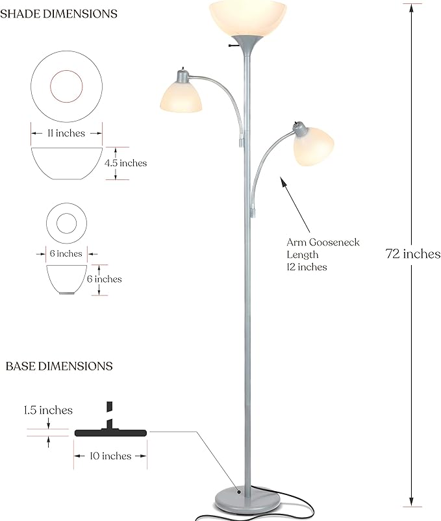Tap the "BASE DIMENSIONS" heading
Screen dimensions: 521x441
click(x=59, y=366)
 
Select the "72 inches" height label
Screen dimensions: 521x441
click(x=414, y=254)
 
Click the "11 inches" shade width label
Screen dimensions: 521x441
click(x=67, y=133)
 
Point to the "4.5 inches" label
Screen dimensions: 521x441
click(x=126, y=163)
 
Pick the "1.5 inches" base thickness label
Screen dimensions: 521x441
click(x=48, y=411)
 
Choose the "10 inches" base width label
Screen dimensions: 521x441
click(x=110, y=456)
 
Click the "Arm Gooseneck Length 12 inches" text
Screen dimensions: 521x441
click(x=323, y=254)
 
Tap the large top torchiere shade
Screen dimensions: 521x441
click(x=247, y=18)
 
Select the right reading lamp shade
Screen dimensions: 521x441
click(x=315, y=146)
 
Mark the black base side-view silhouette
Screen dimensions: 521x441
click(x=110, y=431)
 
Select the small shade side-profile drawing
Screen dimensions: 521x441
click(x=67, y=278)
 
